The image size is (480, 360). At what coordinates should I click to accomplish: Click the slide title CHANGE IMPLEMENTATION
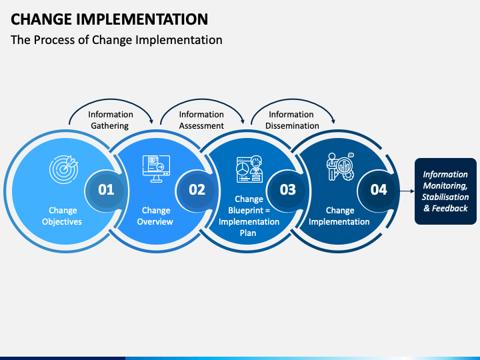[x=109, y=19]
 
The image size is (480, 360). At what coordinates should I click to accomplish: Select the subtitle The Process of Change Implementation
[x=116, y=40]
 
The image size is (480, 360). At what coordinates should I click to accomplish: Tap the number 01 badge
[x=106, y=190]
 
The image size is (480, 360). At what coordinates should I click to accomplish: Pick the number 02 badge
[x=197, y=190]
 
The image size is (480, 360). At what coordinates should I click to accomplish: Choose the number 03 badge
[x=288, y=190]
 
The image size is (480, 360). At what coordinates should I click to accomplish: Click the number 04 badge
[x=379, y=190]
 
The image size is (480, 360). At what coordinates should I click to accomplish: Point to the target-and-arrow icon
[x=64, y=169]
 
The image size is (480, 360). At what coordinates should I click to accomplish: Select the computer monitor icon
[x=156, y=169]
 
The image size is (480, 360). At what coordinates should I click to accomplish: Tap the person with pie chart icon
[x=249, y=169]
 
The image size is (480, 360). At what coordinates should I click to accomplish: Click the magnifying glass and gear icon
[x=340, y=167]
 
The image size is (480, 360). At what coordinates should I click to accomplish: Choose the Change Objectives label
[x=62, y=216]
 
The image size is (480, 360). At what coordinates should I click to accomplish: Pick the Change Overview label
[x=155, y=216]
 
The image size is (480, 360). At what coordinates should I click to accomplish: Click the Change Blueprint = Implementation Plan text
[x=249, y=216]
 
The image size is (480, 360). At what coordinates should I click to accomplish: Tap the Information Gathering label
[x=111, y=120]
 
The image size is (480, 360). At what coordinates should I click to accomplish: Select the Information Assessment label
[x=201, y=120]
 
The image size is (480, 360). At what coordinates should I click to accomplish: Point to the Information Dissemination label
[x=292, y=120]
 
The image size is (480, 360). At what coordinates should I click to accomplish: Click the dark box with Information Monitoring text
[x=445, y=191]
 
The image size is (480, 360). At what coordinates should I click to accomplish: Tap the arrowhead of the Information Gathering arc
[x=151, y=121]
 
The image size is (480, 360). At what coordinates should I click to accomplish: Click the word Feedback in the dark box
[x=450, y=209]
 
